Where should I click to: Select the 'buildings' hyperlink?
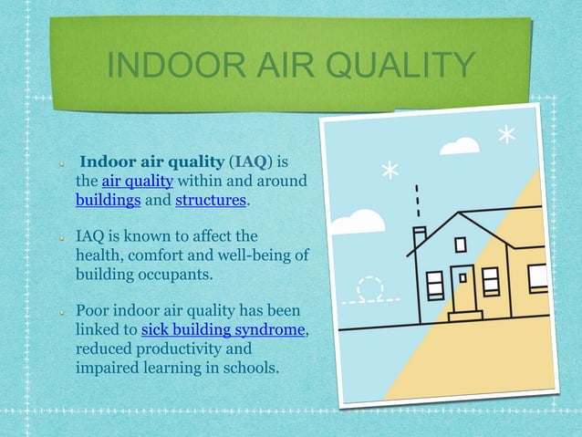(x=108, y=200)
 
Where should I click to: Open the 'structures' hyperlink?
(x=210, y=200)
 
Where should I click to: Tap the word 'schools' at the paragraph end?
(x=251, y=368)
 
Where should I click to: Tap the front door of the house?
(x=465, y=290)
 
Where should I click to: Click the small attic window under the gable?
(x=461, y=245)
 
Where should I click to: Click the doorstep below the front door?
(x=465, y=316)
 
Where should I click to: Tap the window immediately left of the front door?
(x=435, y=285)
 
